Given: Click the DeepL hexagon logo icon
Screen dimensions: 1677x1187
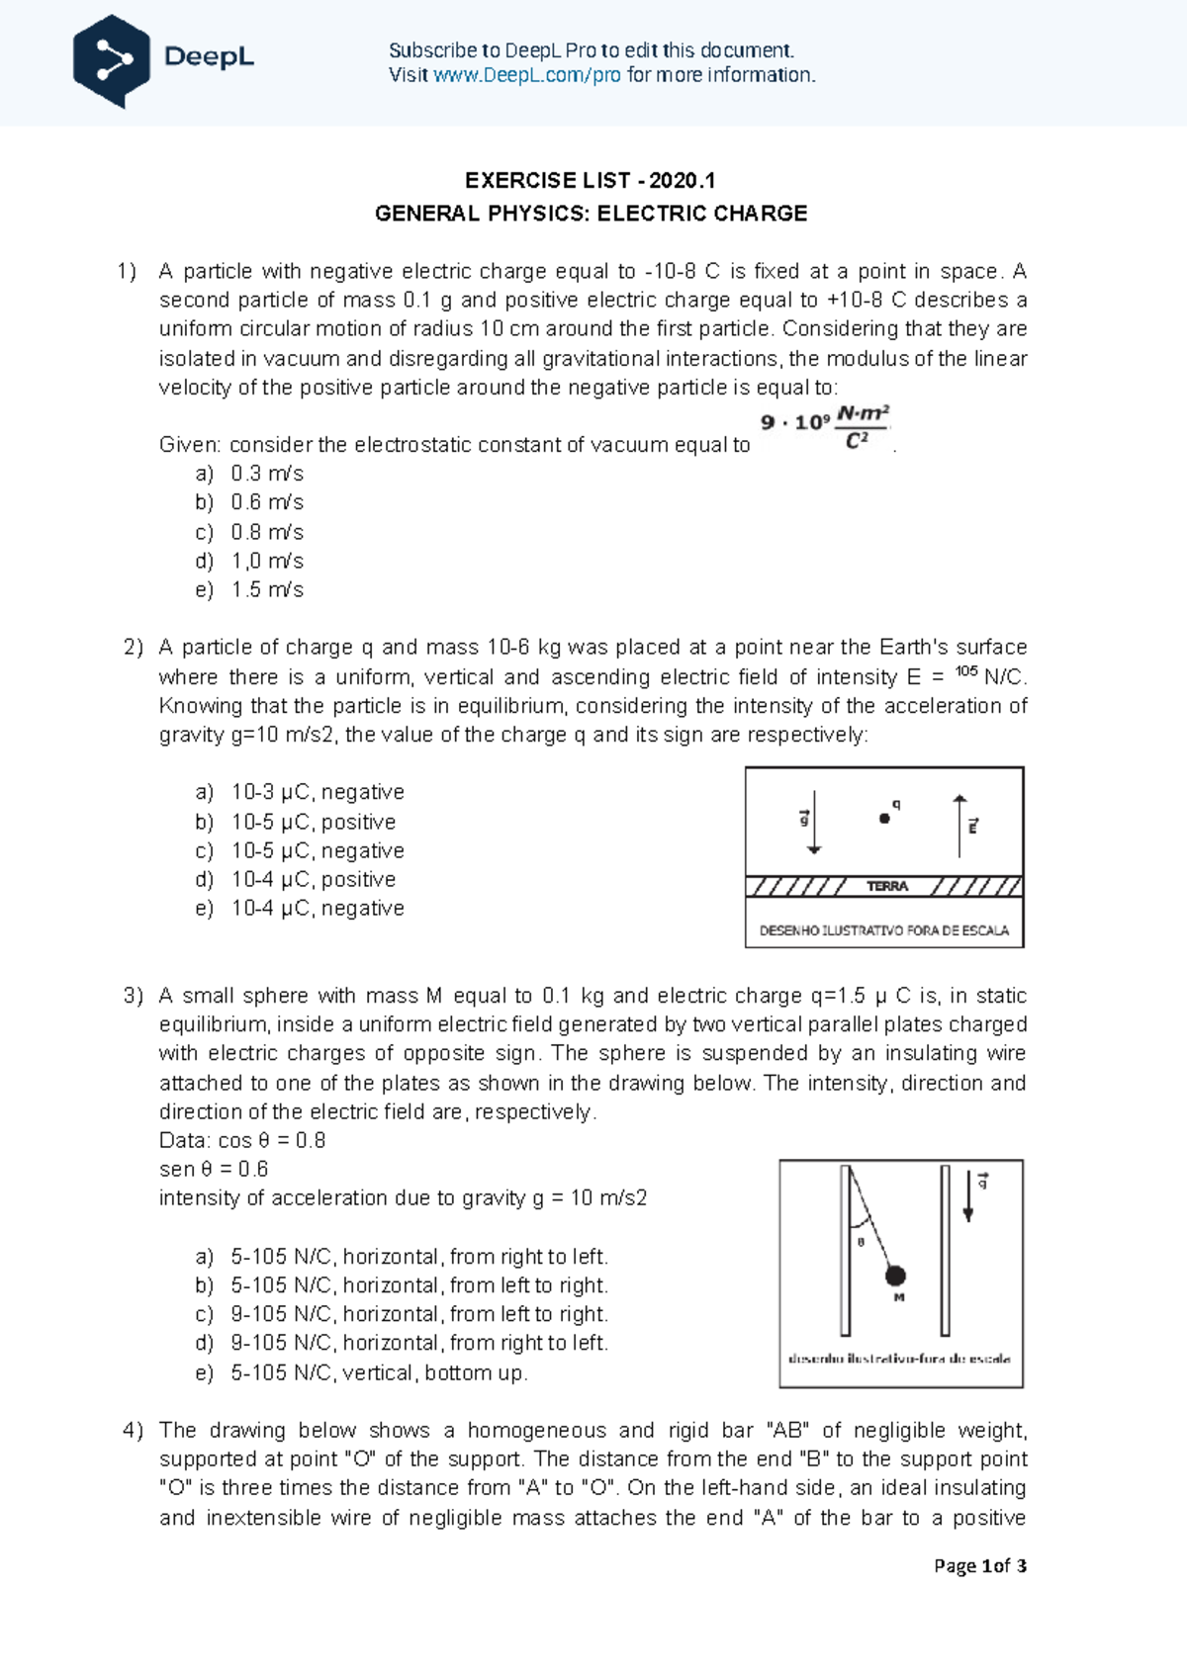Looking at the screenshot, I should (x=112, y=61).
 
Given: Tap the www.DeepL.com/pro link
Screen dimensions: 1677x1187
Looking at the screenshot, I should (x=526, y=76).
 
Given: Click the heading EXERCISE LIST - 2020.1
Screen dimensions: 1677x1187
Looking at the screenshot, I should (x=591, y=181).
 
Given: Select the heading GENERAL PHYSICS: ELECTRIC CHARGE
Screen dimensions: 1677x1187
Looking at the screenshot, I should (x=591, y=214).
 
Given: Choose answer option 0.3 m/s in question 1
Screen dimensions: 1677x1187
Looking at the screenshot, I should (x=267, y=474).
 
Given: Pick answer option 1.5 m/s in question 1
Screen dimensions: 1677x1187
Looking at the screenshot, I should (x=267, y=589).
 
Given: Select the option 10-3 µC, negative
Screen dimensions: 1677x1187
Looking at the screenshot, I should (x=317, y=792).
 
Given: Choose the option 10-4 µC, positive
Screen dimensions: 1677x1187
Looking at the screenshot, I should (x=313, y=879).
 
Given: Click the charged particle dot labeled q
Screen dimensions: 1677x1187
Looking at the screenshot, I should (x=884, y=818).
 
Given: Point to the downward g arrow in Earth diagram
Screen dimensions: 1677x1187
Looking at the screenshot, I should (x=813, y=822).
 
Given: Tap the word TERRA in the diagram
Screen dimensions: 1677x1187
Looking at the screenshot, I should (x=886, y=886).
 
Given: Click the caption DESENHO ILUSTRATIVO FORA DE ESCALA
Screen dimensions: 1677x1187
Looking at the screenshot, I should (x=883, y=930).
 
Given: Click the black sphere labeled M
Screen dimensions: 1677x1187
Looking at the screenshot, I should (x=895, y=1276).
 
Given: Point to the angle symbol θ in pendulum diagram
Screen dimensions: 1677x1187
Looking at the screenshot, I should (x=861, y=1242).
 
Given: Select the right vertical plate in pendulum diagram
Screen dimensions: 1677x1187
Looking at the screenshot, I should (x=946, y=1250).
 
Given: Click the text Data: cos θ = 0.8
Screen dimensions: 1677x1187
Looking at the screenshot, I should (x=242, y=1140).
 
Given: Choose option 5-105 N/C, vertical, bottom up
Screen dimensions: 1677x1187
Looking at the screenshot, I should (x=379, y=1372).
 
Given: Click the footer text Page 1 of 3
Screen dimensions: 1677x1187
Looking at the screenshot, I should (x=979, y=1565).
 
